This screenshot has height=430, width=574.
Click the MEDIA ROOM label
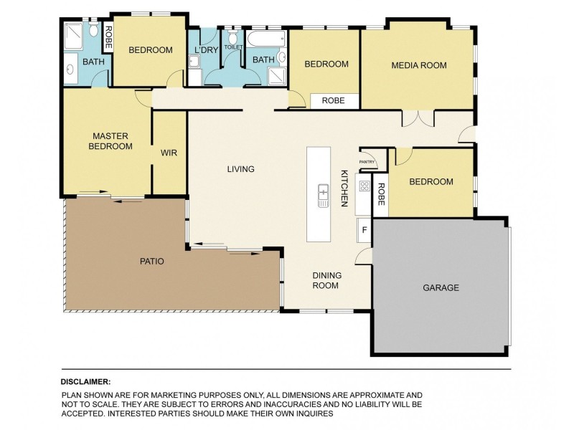click(419, 65)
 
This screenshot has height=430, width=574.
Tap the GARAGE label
click(441, 288)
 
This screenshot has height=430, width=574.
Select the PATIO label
click(152, 262)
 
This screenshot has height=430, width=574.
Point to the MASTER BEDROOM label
click(110, 141)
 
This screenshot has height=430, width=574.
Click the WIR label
click(169, 153)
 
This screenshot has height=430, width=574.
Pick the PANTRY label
click(367, 162)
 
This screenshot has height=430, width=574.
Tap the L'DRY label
click(206, 49)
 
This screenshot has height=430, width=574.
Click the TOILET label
click(233, 47)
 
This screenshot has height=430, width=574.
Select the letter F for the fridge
click(364, 230)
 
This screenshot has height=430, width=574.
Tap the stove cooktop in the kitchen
click(364, 186)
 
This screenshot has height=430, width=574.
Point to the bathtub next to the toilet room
click(265, 39)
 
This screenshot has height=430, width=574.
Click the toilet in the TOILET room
click(232, 37)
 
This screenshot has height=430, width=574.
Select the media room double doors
click(418, 118)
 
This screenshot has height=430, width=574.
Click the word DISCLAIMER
click(85, 382)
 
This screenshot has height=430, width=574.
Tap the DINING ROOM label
click(326, 280)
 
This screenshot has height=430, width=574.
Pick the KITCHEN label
click(344, 188)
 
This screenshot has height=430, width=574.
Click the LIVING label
click(240, 169)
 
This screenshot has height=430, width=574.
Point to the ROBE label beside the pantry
click(381, 194)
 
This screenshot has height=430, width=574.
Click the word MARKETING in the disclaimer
click(174, 396)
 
